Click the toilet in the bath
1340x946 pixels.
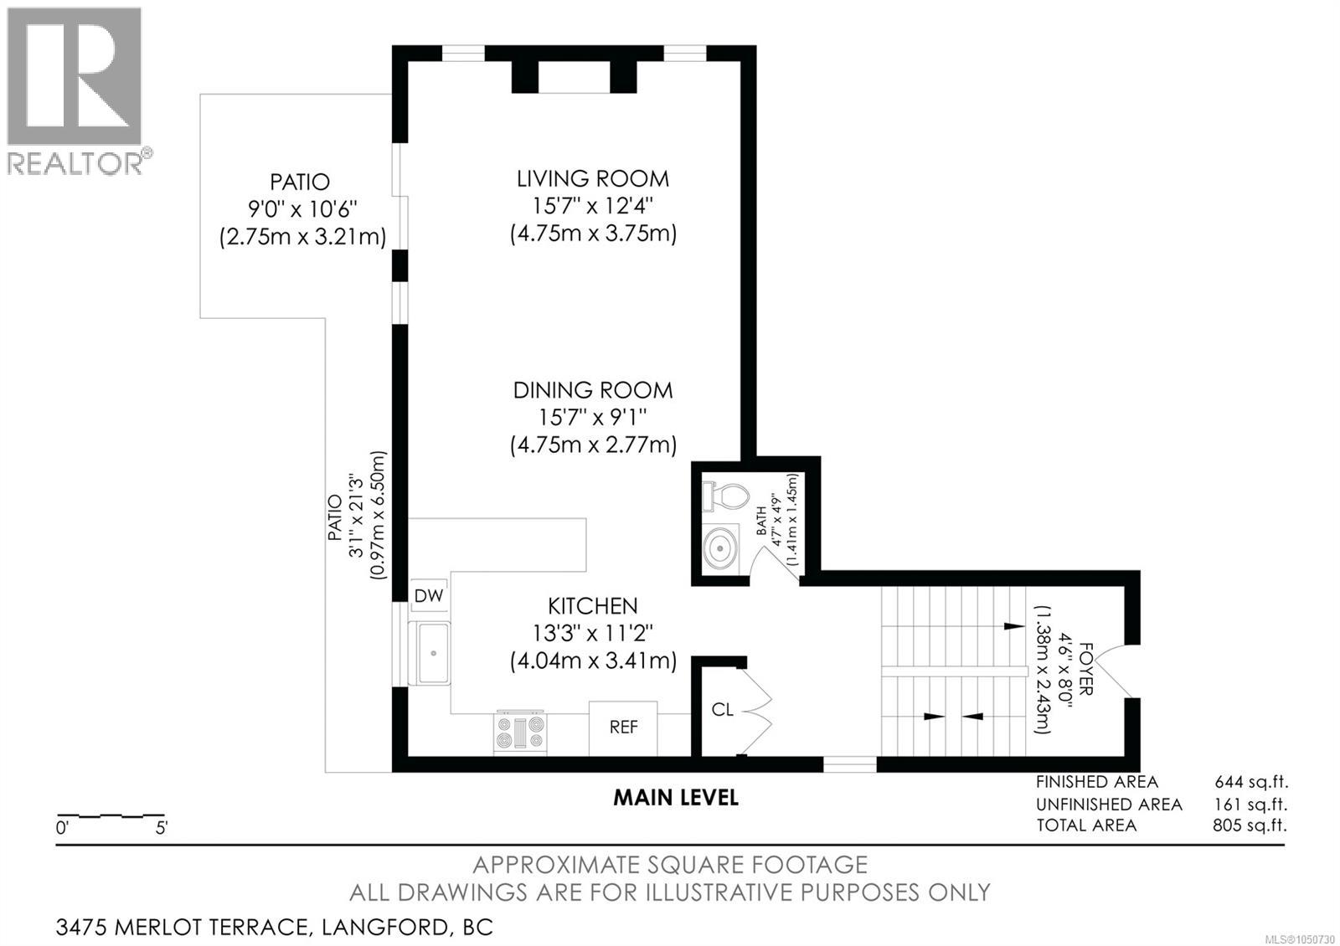click(725, 497)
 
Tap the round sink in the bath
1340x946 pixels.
click(720, 548)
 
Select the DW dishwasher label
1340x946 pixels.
click(429, 595)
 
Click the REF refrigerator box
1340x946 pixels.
click(623, 728)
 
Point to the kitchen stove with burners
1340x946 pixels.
click(520, 732)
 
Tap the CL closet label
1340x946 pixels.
click(722, 710)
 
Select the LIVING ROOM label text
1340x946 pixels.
click(593, 179)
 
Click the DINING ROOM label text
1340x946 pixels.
click(593, 390)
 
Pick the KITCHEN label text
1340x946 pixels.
click(593, 606)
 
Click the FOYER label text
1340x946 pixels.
click(1085, 669)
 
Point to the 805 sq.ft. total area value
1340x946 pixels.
click(1250, 825)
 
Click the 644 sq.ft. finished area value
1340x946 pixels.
click(1251, 782)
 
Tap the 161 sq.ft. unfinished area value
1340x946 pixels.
click(1251, 805)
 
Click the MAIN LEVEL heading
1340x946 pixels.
click(676, 798)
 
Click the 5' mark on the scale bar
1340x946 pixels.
click(162, 828)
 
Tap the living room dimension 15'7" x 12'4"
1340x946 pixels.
click(593, 206)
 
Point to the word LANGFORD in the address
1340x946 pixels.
click(385, 928)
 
